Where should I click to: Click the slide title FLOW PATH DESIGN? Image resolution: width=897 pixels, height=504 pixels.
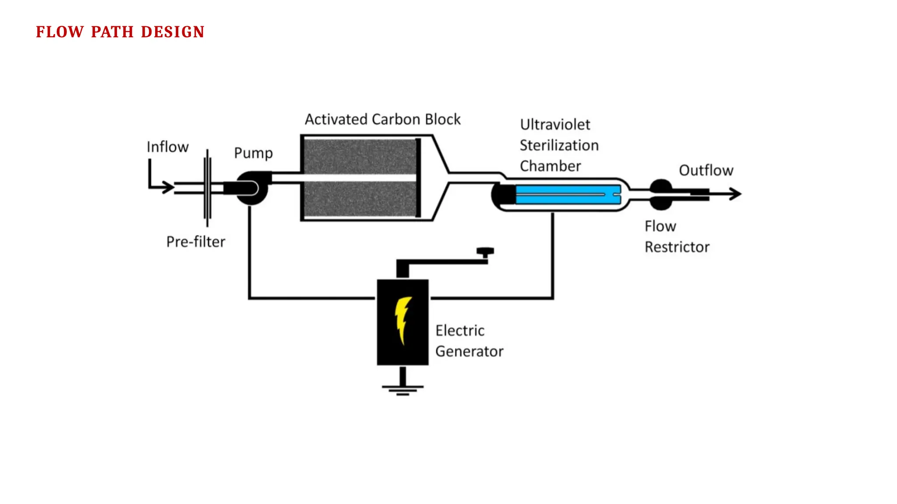click(x=120, y=32)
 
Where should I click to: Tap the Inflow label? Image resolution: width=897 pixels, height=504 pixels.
click(x=167, y=147)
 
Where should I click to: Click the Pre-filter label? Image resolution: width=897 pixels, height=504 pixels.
click(x=195, y=241)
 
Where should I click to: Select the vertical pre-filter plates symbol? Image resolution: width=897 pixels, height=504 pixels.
click(x=207, y=188)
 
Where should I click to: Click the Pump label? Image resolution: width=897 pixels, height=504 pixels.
click(x=253, y=153)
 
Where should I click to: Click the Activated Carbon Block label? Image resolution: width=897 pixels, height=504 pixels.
click(x=382, y=119)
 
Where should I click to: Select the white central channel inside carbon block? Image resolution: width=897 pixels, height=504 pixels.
click(x=359, y=178)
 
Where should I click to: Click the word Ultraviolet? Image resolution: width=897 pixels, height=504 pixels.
click(x=555, y=125)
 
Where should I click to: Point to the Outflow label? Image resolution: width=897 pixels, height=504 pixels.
click(x=706, y=170)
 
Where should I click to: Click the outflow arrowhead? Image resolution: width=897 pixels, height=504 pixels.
click(x=736, y=193)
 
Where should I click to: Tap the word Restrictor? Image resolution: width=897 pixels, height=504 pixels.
click(x=677, y=247)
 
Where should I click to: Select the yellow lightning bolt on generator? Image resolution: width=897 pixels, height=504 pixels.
click(x=402, y=319)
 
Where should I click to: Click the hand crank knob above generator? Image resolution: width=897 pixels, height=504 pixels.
click(x=485, y=252)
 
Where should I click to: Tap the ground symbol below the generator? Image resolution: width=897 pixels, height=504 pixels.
click(x=403, y=388)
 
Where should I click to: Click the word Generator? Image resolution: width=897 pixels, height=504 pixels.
click(x=469, y=351)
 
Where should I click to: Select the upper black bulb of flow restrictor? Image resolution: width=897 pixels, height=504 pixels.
click(x=661, y=186)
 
